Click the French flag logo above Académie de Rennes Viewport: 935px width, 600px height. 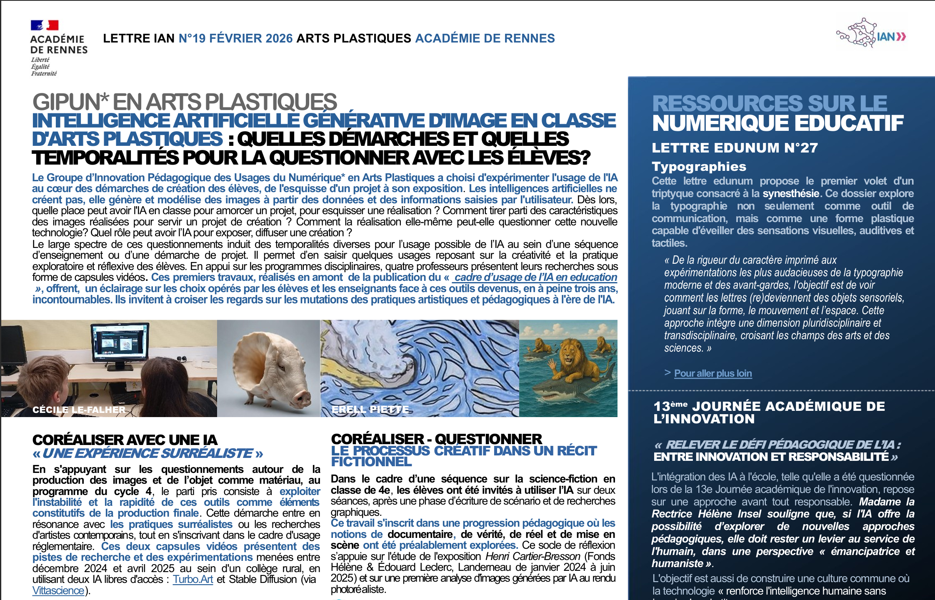pyautogui.click(x=44, y=25)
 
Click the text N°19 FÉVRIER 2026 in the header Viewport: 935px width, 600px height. pyautogui.click(x=235, y=38)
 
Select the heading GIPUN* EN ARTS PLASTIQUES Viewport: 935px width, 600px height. pyautogui.click(x=185, y=102)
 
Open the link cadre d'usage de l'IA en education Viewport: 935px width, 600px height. pyautogui.click(x=535, y=277)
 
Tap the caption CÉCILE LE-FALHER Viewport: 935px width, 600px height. pyautogui.click(x=79, y=410)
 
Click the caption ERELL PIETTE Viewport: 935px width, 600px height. pyautogui.click(x=370, y=410)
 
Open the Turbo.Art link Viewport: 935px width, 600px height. pyautogui.click(x=193, y=580)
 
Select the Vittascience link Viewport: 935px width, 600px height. pyautogui.click(x=58, y=591)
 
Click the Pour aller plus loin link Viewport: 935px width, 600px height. pyautogui.click(x=713, y=373)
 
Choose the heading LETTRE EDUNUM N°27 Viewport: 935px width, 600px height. pyautogui.click(x=735, y=148)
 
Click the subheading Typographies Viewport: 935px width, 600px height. pyautogui.click(x=699, y=167)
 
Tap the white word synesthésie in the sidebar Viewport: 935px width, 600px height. pyautogui.click(x=790, y=194)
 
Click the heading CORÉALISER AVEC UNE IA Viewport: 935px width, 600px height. pyautogui.click(x=125, y=440)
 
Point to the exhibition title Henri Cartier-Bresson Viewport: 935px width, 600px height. pyautogui.click(x=532, y=556)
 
